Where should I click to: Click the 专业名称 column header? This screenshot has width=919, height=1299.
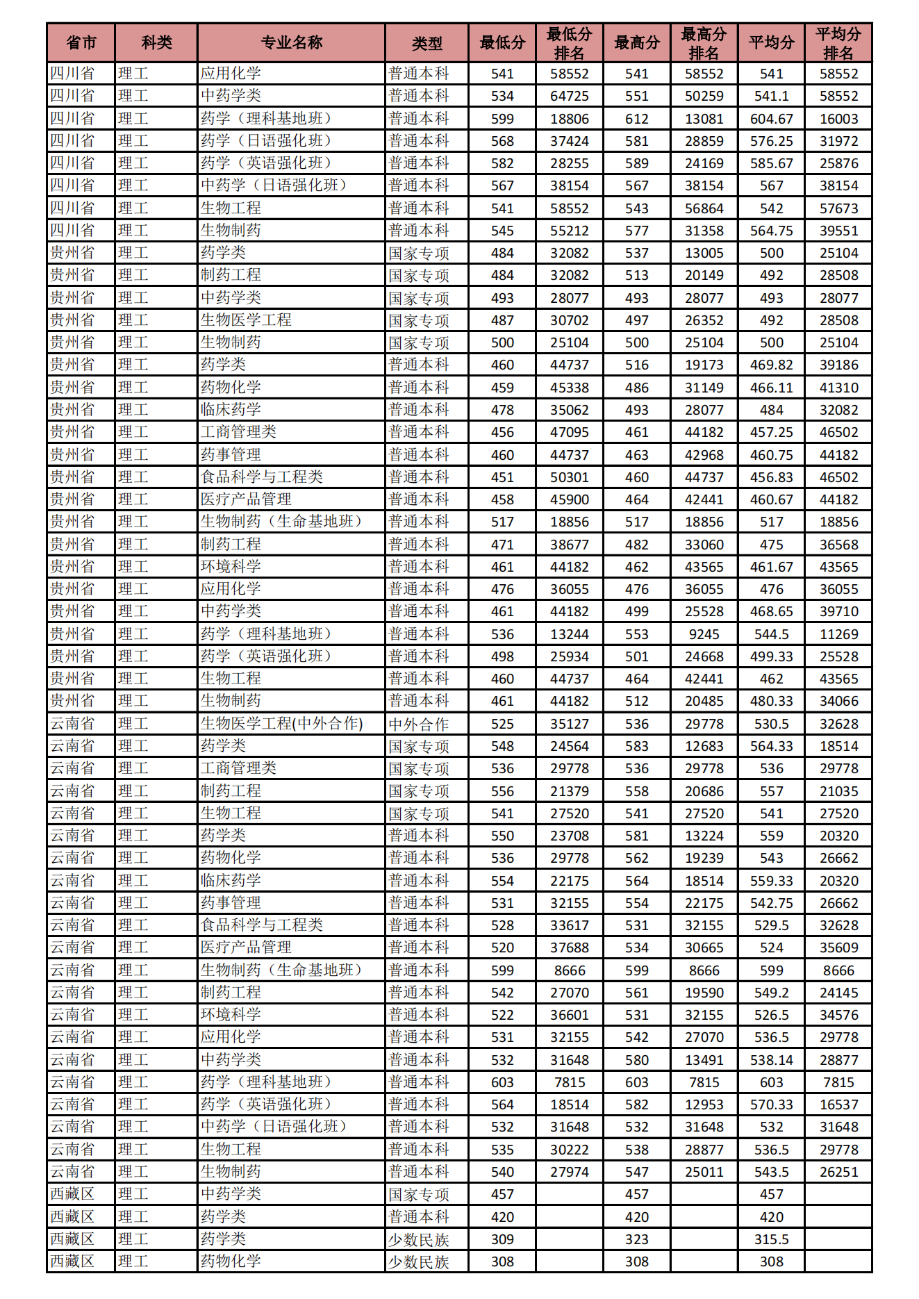(291, 43)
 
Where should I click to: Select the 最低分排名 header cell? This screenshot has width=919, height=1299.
(569, 43)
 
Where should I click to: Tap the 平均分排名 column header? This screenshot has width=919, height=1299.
(838, 43)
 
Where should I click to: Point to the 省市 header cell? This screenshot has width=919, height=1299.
(81, 43)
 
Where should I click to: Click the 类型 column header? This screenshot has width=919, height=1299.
(427, 43)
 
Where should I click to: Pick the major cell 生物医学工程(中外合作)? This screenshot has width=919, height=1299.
(281, 723)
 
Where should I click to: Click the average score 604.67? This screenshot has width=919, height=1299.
(771, 119)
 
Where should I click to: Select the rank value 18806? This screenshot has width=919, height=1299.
(569, 119)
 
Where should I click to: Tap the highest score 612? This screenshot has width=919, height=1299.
(636, 119)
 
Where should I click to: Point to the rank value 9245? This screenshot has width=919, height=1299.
(704, 634)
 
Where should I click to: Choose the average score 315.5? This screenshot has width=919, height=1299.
(771, 1239)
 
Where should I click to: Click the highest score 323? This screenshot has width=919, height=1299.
(636, 1239)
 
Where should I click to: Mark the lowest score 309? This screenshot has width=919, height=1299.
(502, 1239)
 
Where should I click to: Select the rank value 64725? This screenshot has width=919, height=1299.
(569, 96)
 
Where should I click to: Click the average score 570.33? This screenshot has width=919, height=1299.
(771, 1104)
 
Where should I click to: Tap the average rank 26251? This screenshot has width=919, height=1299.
(838, 1172)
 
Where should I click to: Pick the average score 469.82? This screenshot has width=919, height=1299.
(771, 365)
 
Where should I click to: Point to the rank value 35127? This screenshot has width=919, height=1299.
(569, 724)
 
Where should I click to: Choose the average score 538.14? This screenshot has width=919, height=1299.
(771, 1060)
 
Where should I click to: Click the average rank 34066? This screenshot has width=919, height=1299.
(838, 701)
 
